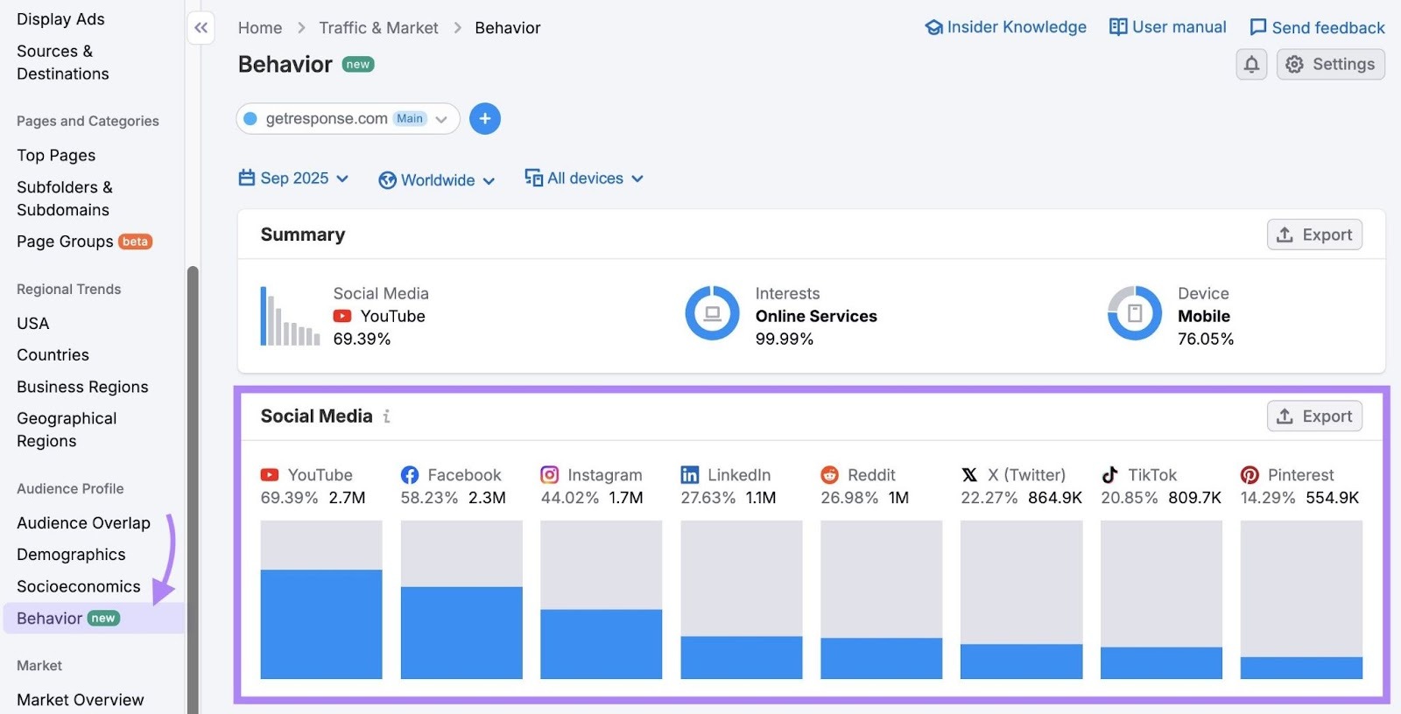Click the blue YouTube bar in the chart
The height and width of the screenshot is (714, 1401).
[321, 624]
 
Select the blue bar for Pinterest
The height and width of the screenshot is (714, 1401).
[1301, 668]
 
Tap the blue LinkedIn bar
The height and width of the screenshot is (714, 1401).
[741, 657]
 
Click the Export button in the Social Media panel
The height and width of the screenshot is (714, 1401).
[1314, 416]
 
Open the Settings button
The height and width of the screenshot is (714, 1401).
[1330, 64]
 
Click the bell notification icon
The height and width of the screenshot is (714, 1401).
[1251, 64]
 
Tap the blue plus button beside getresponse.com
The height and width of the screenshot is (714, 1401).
[485, 119]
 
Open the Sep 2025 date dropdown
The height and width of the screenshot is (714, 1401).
[294, 178]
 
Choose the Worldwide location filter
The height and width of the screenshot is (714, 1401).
[437, 180]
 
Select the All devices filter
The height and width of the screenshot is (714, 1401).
[584, 178]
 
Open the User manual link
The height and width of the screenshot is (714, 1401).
[1167, 27]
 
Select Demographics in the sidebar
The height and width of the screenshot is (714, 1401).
[71, 555]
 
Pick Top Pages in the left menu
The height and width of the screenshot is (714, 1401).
[56, 155]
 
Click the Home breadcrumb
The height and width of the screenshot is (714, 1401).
[260, 28]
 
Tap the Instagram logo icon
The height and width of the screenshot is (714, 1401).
[550, 475]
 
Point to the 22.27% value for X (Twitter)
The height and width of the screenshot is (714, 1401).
[989, 498]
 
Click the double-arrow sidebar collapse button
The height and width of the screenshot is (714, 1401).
[201, 28]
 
